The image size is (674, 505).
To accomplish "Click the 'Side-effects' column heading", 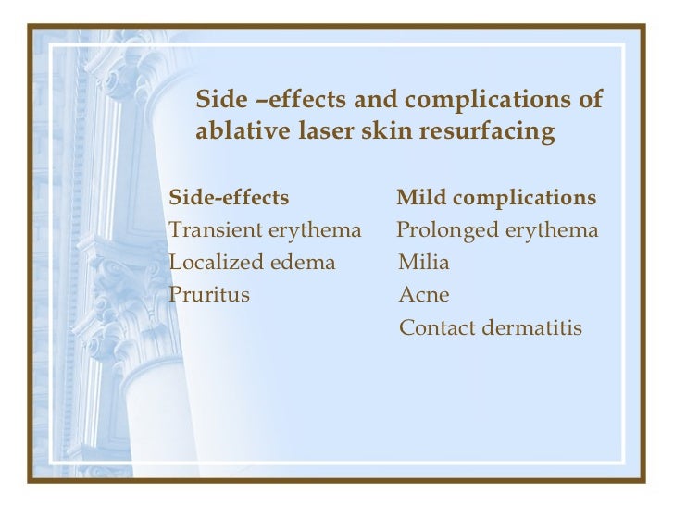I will point(229,199).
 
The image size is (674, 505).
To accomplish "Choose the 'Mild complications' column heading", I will point(496,199).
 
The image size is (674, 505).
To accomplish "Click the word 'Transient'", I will point(212,230).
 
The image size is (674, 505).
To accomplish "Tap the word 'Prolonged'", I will point(446,230).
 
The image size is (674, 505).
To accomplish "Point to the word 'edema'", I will point(300,263).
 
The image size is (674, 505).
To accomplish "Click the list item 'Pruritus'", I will point(209,295).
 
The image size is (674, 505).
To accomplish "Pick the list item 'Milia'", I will point(423,263).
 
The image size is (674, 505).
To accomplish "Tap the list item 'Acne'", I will point(423,295).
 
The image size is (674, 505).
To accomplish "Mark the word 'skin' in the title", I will point(383,133).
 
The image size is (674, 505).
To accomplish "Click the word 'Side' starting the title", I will point(218,100).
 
